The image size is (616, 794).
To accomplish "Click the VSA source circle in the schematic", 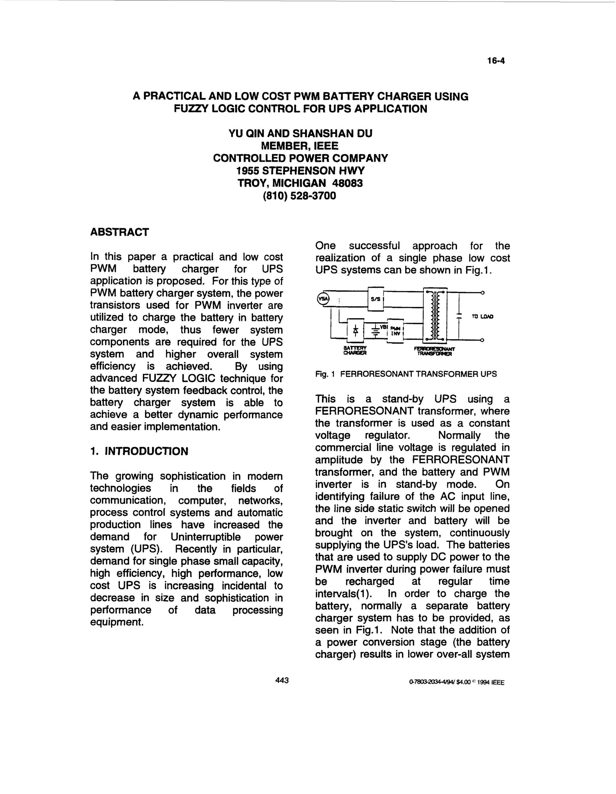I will [x=322, y=299].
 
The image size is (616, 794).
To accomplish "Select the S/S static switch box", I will [x=376, y=299].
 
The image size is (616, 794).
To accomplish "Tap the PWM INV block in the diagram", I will [x=395, y=330].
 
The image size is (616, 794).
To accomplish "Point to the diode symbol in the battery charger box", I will [x=356, y=330].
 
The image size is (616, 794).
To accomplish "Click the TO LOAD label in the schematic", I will [x=482, y=317].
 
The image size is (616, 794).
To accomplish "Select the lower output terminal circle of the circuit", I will [x=482, y=340].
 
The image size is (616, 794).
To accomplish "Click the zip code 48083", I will [x=347, y=183].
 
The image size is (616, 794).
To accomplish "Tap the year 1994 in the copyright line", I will [x=482, y=682].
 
